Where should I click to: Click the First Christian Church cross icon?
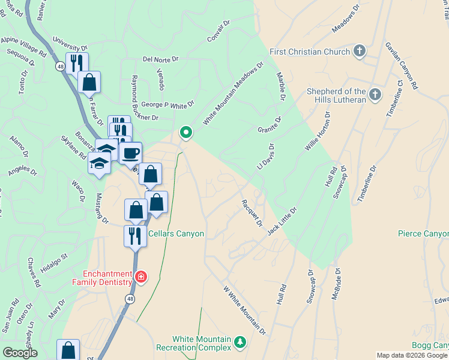pyautogui.click(x=360, y=50)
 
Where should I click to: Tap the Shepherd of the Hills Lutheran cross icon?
pyautogui.click(x=375, y=95)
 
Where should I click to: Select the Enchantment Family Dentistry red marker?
pyautogui.click(x=140, y=277)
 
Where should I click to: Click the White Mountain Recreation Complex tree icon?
pyautogui.click(x=241, y=342)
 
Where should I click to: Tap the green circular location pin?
pyautogui.click(x=186, y=133)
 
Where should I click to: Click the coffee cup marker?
pyautogui.click(x=130, y=153)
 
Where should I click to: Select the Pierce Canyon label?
pyautogui.click(x=423, y=233)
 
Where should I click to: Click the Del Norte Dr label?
pyautogui.click(x=161, y=59)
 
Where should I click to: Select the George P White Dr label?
pyautogui.click(x=167, y=104)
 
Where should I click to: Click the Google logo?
pyautogui.click(x=20, y=353)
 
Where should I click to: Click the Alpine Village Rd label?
pyautogui.click(x=23, y=46)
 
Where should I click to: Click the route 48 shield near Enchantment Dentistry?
pyautogui.click(x=130, y=298)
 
